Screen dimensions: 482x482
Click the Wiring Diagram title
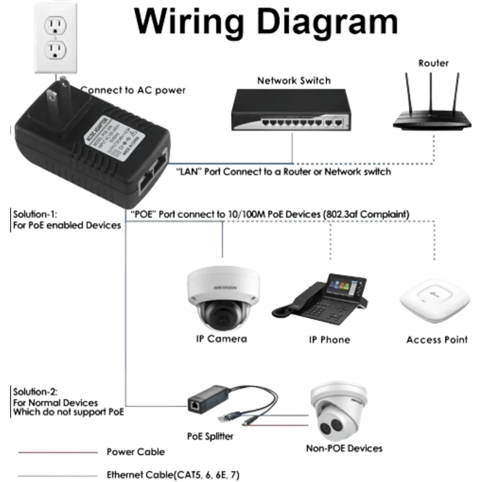click(x=266, y=20)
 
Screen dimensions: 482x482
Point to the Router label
click(x=433, y=63)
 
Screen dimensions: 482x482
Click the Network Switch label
click(x=294, y=80)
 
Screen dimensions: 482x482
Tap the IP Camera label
click(x=222, y=339)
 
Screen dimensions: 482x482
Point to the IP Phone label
click(x=329, y=339)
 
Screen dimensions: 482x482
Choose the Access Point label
click(x=437, y=340)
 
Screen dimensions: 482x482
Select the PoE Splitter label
click(x=210, y=436)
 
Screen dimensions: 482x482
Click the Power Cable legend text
click(x=135, y=452)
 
